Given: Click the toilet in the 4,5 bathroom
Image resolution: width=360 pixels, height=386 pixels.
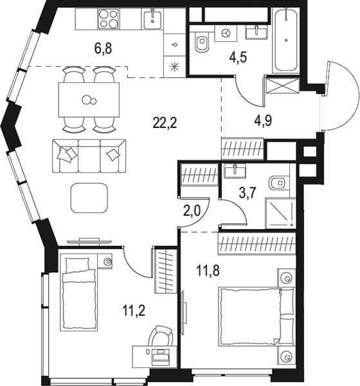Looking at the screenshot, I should click(201, 42).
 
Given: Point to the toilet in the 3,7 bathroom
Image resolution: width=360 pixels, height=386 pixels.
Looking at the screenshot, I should click(278, 184).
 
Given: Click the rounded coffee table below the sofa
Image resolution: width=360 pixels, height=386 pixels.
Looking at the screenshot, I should click(90, 198).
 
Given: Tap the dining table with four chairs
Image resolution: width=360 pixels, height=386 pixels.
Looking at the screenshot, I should click(89, 99).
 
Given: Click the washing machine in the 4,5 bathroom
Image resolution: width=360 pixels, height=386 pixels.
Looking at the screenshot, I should click(225, 32).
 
